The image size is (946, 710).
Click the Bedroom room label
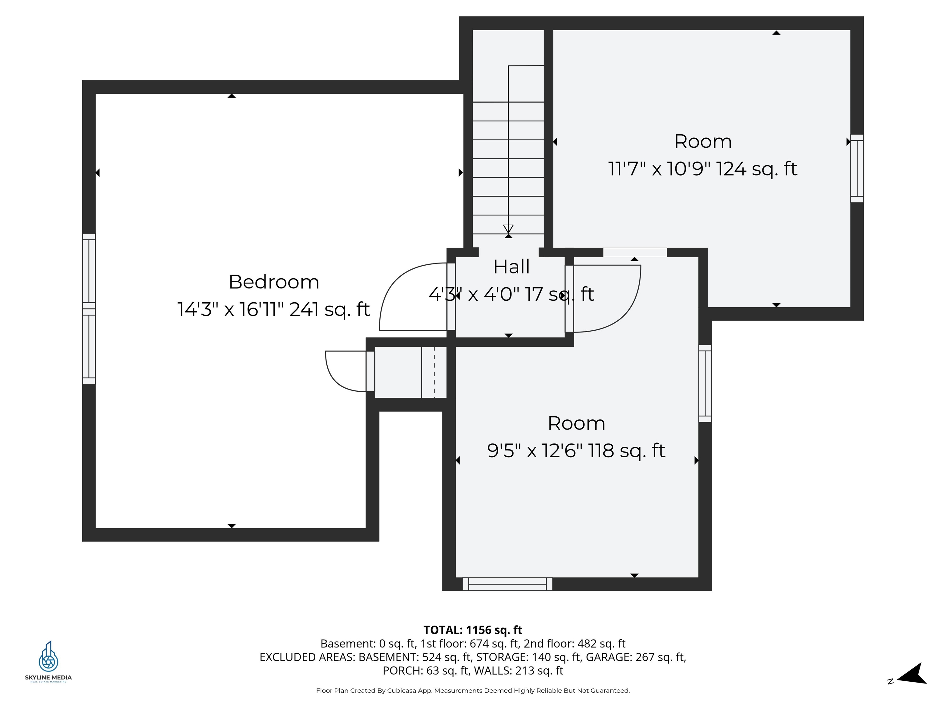[x=274, y=282]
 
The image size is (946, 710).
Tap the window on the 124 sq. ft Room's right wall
[x=857, y=168]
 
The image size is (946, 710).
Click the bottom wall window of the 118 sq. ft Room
[x=507, y=584]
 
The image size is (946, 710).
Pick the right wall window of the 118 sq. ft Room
[x=705, y=383]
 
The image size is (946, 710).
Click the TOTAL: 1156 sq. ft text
[x=473, y=630]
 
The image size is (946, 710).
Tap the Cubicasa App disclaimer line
[x=473, y=690]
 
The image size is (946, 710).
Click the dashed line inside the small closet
[x=434, y=372]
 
